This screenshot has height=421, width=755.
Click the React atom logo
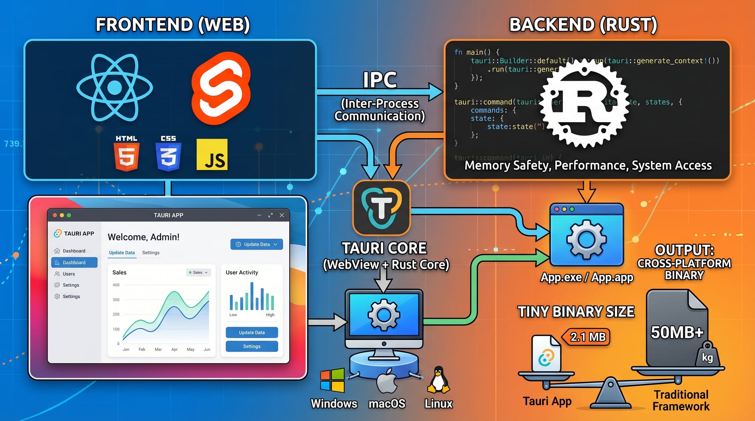[114, 88]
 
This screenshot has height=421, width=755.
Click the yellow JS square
[212, 154]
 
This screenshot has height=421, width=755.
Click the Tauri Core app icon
[381, 208]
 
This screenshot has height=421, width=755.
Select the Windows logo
[332, 380]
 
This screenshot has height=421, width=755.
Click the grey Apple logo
[387, 381]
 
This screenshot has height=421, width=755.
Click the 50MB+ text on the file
[677, 332]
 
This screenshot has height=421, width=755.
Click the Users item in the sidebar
[69, 274]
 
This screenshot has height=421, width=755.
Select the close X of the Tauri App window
[282, 215]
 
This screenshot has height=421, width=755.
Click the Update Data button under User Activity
[252, 332]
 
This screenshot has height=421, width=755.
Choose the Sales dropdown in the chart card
[198, 272]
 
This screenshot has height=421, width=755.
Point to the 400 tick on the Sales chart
[116, 285]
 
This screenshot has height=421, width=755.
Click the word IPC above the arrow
[380, 80]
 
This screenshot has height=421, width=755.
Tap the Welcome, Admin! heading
[143, 237]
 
